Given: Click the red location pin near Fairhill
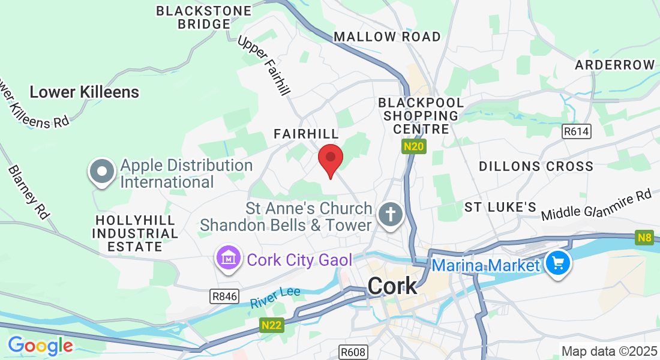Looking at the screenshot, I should coord(330,159).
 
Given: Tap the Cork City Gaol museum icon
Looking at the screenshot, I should coord(228,259).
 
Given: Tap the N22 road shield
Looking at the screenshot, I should coord(272,325).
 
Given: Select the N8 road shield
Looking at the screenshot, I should coord(644,238).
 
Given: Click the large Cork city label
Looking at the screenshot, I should coord(392,286).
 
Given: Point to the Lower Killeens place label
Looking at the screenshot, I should coord(84,92).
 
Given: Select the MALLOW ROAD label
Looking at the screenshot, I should coord(387,37).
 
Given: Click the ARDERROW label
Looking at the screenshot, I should coord(615,65).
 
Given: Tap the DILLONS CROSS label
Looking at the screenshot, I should coord(536,166).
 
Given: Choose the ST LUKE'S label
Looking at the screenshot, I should coord(500,207).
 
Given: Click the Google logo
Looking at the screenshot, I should coord(40,346).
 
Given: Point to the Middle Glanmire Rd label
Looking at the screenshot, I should coord(596,206).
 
